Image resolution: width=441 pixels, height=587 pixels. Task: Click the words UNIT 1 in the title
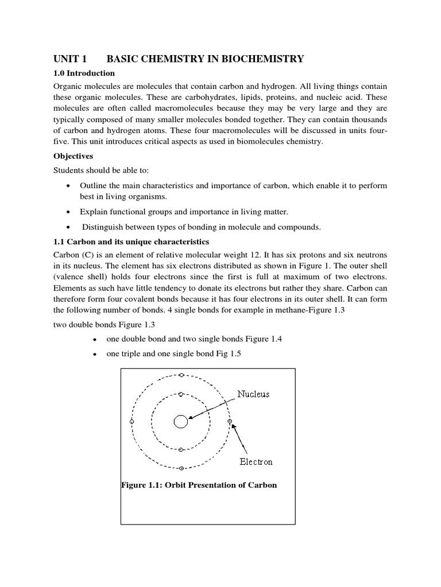pyautogui.click(x=70, y=58)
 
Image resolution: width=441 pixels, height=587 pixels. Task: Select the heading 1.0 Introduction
pyautogui.click(x=84, y=73)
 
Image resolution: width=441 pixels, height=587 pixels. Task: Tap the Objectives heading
pyautogui.click(x=73, y=156)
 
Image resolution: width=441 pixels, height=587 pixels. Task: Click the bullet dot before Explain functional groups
pyautogui.click(x=69, y=212)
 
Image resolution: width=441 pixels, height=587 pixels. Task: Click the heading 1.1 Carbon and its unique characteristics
pyautogui.click(x=131, y=241)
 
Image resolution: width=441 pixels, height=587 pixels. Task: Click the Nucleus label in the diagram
pyautogui.click(x=253, y=394)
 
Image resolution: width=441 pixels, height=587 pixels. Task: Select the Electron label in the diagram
pyautogui.click(x=256, y=461)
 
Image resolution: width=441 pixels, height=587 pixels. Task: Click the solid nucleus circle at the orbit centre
pyautogui.click(x=180, y=422)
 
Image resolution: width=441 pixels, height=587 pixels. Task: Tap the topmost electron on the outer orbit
pyautogui.click(x=181, y=375)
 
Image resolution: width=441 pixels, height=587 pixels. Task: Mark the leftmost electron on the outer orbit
pyautogui.click(x=132, y=421)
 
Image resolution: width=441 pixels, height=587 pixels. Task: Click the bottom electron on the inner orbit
pyautogui.click(x=181, y=449)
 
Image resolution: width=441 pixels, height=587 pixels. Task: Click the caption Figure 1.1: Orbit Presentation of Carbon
pyautogui.click(x=199, y=485)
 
